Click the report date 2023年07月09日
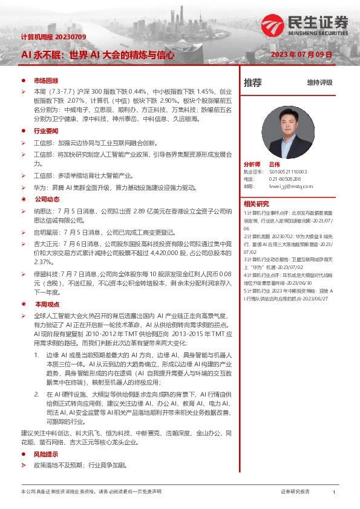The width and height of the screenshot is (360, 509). tap(301, 54)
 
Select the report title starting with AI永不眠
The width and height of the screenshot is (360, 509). tap(97, 54)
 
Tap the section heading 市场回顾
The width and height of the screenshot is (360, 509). tap(46, 80)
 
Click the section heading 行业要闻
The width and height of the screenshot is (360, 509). tap(46, 130)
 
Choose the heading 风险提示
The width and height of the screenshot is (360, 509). tap(46, 453)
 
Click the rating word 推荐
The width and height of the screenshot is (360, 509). tap(252, 82)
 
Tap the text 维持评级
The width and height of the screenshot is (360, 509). tap(319, 82)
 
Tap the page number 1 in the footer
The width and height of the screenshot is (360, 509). tap(335, 493)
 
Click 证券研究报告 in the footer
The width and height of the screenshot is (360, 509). tap(295, 493)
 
